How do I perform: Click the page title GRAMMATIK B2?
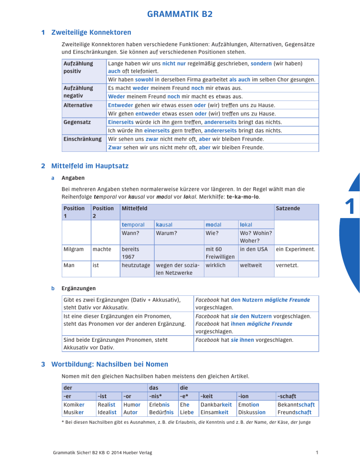tap(180, 14)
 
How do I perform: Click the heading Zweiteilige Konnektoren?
tap(91, 33)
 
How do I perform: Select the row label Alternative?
tap(78, 105)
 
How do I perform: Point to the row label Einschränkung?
tap(82, 139)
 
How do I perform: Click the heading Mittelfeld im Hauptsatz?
tap(90, 165)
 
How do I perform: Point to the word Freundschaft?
tap(296, 413)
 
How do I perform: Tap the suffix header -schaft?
tap(288, 396)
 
